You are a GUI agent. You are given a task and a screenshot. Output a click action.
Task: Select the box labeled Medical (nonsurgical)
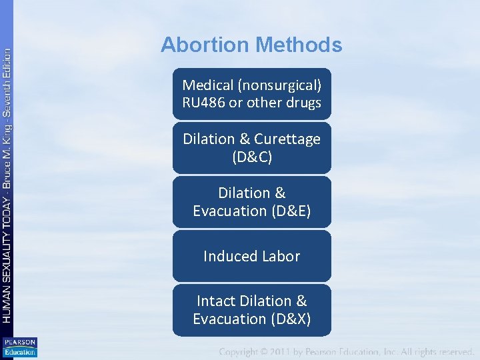pos(251,94)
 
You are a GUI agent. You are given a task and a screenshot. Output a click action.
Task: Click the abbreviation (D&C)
pos(251,157)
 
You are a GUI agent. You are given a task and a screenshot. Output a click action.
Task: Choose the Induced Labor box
pos(251,256)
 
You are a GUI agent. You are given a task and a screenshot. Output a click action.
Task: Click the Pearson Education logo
pos(20,347)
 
